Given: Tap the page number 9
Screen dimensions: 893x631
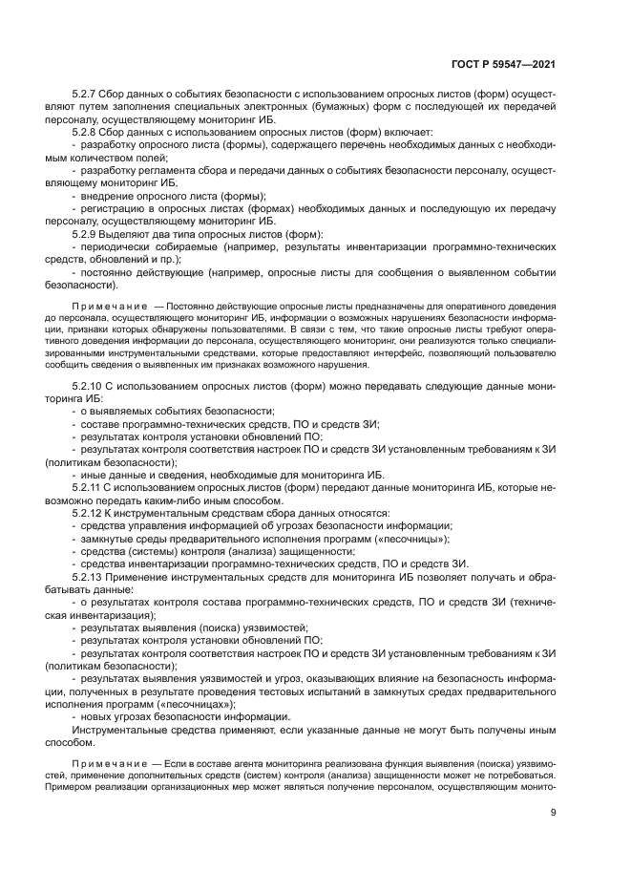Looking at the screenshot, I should point(554,813).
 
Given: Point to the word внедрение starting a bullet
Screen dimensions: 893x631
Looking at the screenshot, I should point(109,196).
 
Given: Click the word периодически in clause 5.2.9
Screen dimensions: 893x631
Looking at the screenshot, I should point(122,247).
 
